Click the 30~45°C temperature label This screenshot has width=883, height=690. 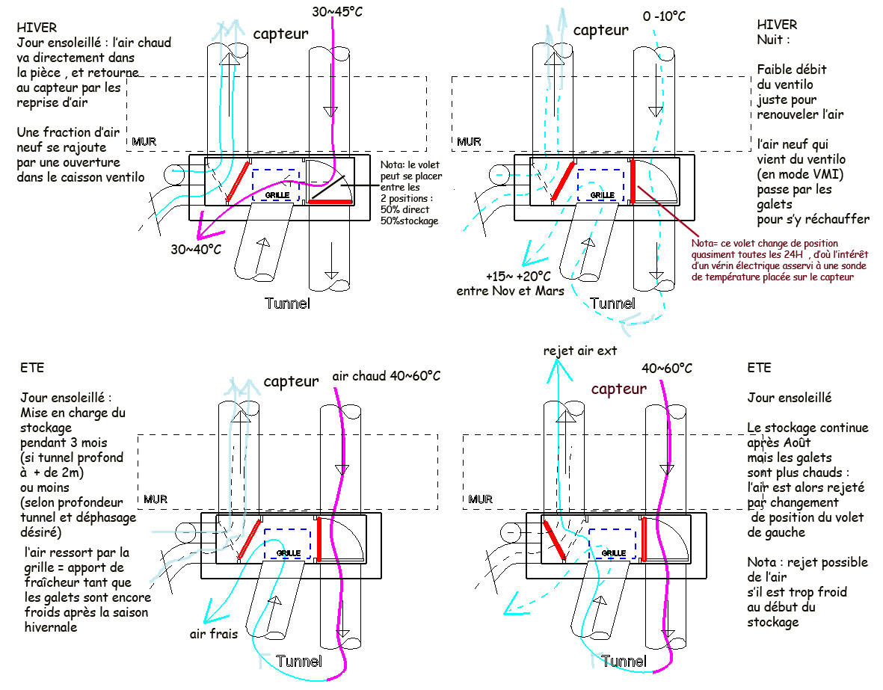[x=336, y=12]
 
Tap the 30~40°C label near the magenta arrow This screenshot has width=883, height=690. [x=196, y=249]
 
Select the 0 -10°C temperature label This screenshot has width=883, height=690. [x=664, y=16]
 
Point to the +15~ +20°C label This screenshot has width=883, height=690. [x=518, y=276]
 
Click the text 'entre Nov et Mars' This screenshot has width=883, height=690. [x=510, y=292]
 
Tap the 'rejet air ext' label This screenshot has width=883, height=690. [x=580, y=351]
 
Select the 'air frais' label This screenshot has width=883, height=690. [x=213, y=634]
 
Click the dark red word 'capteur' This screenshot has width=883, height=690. [x=619, y=389]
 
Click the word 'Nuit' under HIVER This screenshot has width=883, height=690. [x=769, y=40]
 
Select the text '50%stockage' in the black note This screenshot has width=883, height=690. [x=410, y=221]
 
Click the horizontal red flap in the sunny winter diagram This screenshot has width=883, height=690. [x=331, y=202]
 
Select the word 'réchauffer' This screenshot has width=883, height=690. [x=837, y=219]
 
